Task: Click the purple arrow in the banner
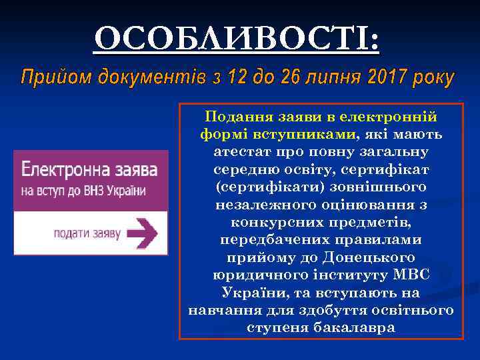coord(141,233)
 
